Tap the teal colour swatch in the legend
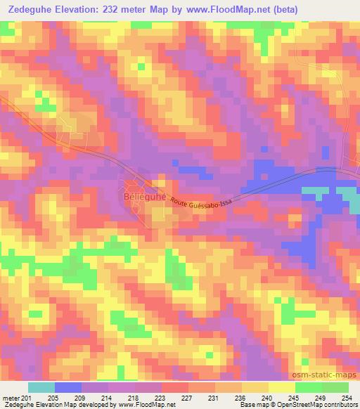[41, 387]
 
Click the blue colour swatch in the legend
[68, 387]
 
